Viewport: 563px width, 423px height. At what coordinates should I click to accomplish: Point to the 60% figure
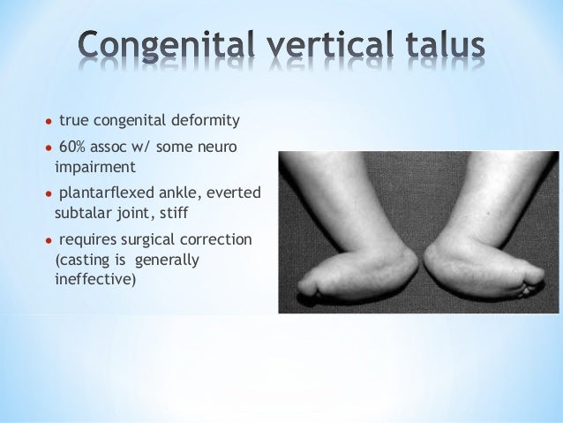(71, 146)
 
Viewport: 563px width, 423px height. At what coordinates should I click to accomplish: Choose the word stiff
(196, 212)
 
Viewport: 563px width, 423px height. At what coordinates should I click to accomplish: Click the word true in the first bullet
(74, 120)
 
